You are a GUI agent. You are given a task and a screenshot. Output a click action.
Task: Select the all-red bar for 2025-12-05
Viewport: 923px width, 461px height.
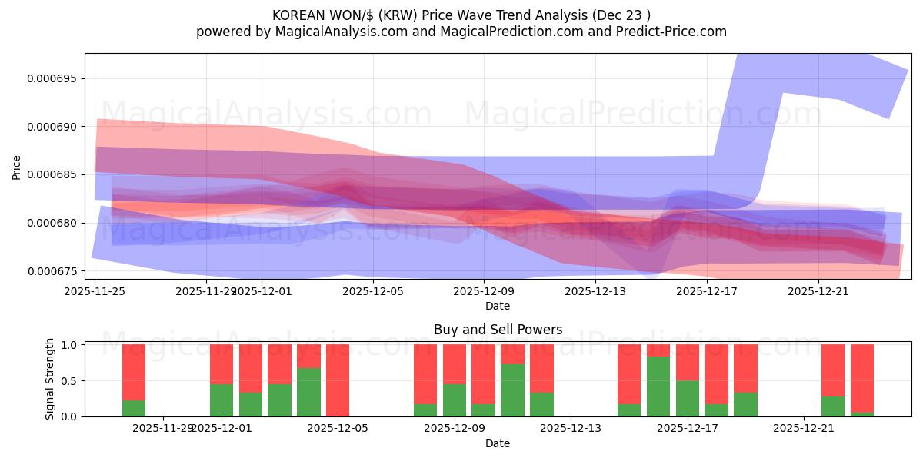tap(338, 380)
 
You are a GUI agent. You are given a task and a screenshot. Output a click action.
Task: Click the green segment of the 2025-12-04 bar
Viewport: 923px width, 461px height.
tap(308, 392)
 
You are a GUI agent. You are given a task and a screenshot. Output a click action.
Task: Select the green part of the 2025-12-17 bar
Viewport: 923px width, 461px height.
tap(688, 398)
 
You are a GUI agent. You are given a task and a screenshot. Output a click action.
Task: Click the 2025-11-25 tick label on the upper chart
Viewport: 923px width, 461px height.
tap(95, 292)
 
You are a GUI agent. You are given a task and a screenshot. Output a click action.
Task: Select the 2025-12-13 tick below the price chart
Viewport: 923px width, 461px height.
tap(595, 292)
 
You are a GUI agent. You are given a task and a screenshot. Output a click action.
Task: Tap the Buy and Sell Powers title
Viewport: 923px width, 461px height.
tap(498, 330)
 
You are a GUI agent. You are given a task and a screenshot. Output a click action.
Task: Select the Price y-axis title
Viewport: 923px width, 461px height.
tap(17, 166)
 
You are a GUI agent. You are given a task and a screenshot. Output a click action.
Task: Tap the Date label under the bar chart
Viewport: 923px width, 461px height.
tap(498, 443)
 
